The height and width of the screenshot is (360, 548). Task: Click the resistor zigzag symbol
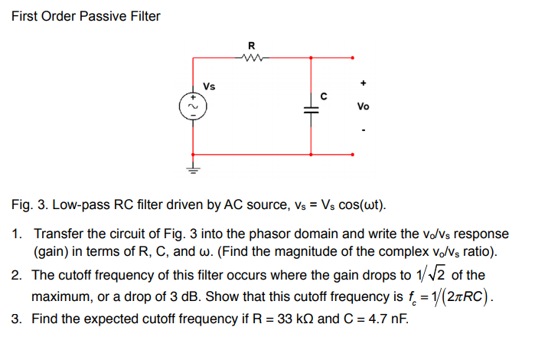[252, 57]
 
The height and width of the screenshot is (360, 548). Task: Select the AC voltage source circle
[191, 107]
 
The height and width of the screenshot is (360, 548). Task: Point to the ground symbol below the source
[191, 170]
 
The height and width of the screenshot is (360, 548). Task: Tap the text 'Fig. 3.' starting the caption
[29, 206]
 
